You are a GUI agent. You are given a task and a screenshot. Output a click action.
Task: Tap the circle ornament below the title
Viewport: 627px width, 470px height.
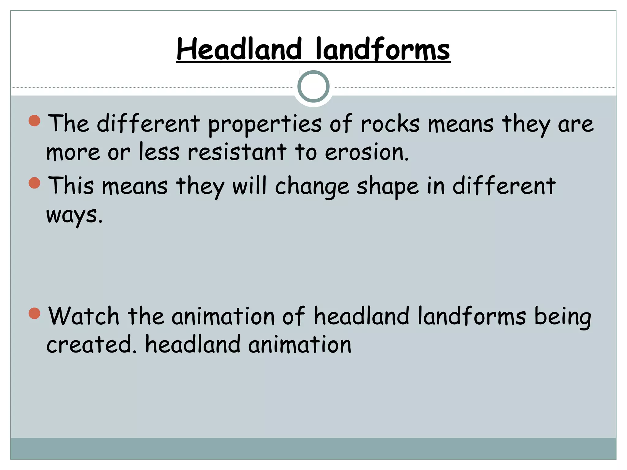(313, 87)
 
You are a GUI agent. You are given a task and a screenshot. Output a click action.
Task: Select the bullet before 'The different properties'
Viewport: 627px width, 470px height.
(35, 121)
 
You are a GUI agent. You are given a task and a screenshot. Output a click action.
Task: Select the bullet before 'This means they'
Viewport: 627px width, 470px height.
(35, 183)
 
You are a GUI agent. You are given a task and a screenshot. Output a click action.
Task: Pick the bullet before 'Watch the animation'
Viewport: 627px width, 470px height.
(35, 313)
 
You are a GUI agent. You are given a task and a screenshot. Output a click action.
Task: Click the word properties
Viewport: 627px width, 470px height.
(265, 125)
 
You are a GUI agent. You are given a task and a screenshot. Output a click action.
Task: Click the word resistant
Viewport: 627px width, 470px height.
(237, 152)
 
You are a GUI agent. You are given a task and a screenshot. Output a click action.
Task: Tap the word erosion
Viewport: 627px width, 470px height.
(366, 152)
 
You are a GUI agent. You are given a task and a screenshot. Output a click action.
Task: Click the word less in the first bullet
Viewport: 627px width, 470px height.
(159, 152)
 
